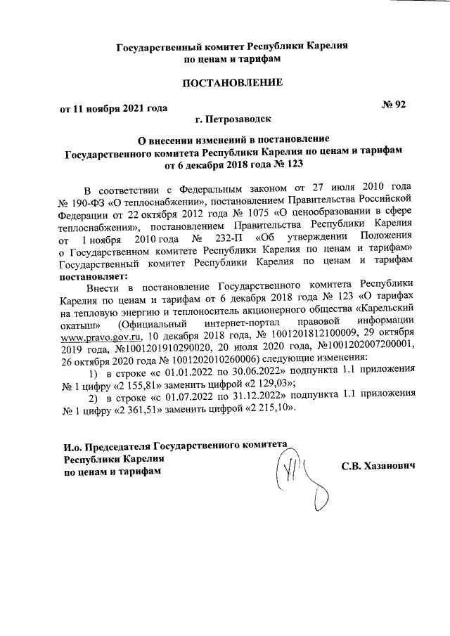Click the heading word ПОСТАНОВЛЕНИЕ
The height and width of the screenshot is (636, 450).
tap(232, 84)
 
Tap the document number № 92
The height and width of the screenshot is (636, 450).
tap(394, 105)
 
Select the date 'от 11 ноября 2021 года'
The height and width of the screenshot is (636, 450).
tap(113, 109)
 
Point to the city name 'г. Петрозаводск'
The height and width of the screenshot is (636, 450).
tap(232, 120)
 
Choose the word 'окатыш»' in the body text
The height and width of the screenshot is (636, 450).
tap(82, 325)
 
